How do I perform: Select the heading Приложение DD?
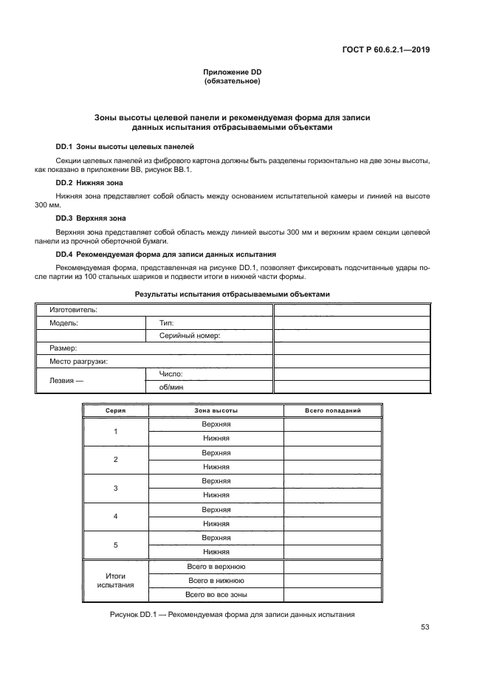(x=233, y=72)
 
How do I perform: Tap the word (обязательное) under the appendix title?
(x=233, y=80)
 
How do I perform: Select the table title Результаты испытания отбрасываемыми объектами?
(x=232, y=294)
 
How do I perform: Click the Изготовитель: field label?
(x=73, y=310)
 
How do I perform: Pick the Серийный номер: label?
(x=190, y=335)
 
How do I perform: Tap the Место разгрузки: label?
(x=78, y=362)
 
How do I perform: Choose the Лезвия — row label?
(x=67, y=381)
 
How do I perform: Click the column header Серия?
(x=115, y=410)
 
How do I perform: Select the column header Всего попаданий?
(x=332, y=410)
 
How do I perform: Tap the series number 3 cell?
(x=115, y=488)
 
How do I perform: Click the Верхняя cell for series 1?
(x=216, y=424)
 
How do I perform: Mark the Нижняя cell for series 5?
(x=216, y=551)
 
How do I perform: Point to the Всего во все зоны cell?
(x=216, y=594)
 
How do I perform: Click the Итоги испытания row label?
(x=115, y=580)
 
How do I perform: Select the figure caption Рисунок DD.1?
(x=232, y=614)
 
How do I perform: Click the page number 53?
(x=425, y=627)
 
